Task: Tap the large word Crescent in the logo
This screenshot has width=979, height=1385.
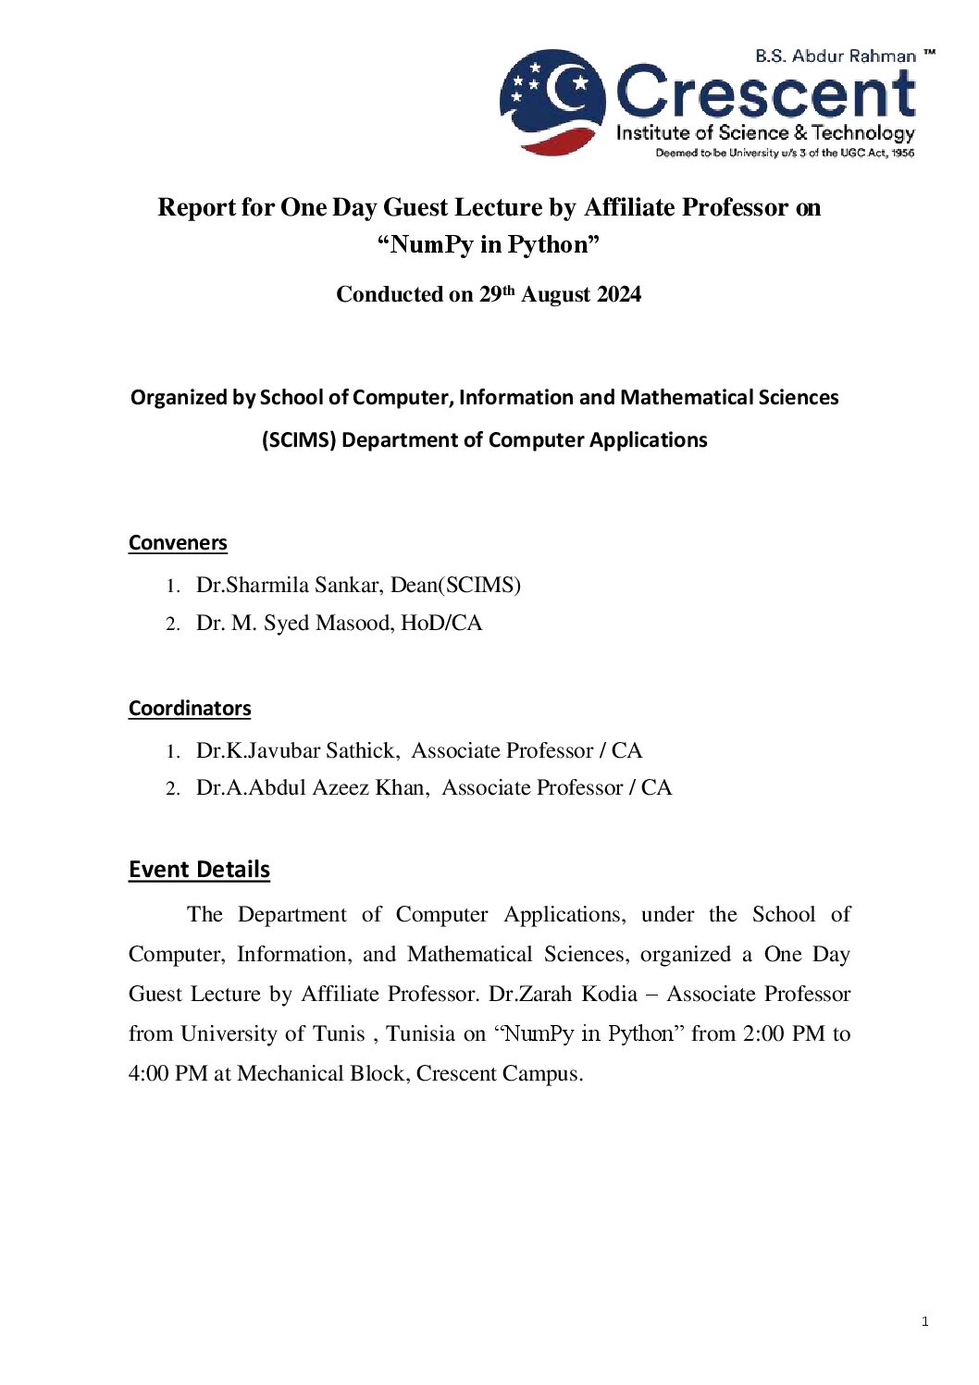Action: click(765, 93)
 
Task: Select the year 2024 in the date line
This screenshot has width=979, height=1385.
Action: click(619, 295)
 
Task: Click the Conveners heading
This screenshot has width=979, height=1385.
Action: click(178, 543)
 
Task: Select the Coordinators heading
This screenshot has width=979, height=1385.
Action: click(190, 709)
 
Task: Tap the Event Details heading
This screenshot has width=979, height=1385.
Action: click(199, 870)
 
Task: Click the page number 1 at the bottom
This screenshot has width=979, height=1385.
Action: click(924, 1322)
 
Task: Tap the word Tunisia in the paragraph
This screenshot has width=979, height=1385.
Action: click(420, 1034)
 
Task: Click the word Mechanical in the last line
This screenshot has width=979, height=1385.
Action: click(291, 1074)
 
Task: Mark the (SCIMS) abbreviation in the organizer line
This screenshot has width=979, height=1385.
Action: click(298, 440)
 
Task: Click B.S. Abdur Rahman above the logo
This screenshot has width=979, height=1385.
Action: click(835, 56)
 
